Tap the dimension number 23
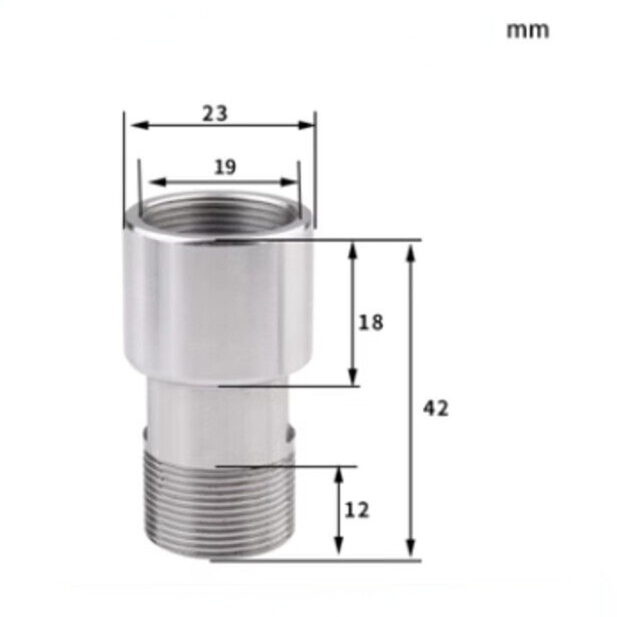pyautogui.click(x=215, y=113)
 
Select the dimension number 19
pyautogui.click(x=225, y=166)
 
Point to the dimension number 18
pyautogui.click(x=370, y=322)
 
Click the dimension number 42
pyautogui.click(x=435, y=408)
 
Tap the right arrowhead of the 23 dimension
pyautogui.click(x=308, y=126)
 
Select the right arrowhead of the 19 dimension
pyautogui.click(x=290, y=182)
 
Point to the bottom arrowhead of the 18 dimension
pyautogui.click(x=353, y=378)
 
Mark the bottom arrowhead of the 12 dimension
pyautogui.click(x=338, y=551)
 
